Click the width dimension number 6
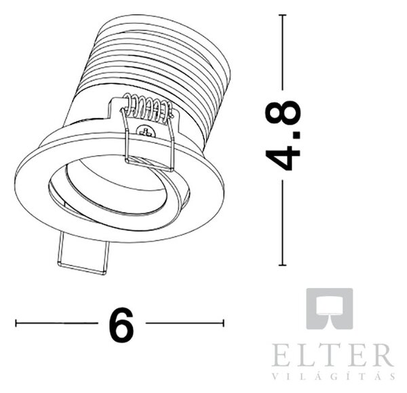[121, 325]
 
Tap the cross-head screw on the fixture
[147, 131]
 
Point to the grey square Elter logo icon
[330, 309]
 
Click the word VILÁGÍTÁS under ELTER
[334, 376]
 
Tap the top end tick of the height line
[283, 15]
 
